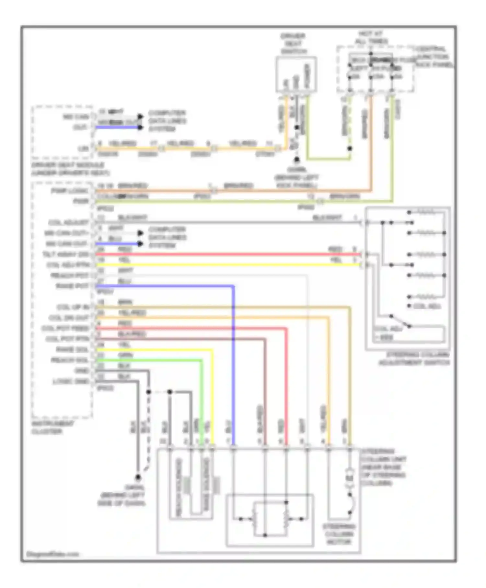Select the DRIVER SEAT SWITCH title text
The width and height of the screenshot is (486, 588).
click(x=293, y=43)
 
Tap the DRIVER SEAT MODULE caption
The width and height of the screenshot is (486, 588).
click(x=70, y=169)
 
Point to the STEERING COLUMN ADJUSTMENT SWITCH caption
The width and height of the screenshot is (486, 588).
click(x=414, y=359)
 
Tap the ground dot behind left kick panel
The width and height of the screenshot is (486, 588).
click(x=296, y=160)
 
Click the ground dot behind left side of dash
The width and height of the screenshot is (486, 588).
click(x=138, y=477)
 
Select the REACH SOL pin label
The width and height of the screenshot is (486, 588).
click(x=69, y=360)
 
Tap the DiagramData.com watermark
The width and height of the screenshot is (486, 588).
click(x=53, y=554)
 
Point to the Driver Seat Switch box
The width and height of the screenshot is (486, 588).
click(x=296, y=75)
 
